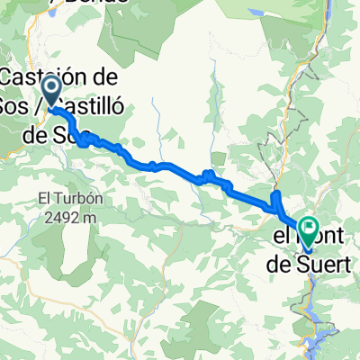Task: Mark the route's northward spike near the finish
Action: tap(276, 199)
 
